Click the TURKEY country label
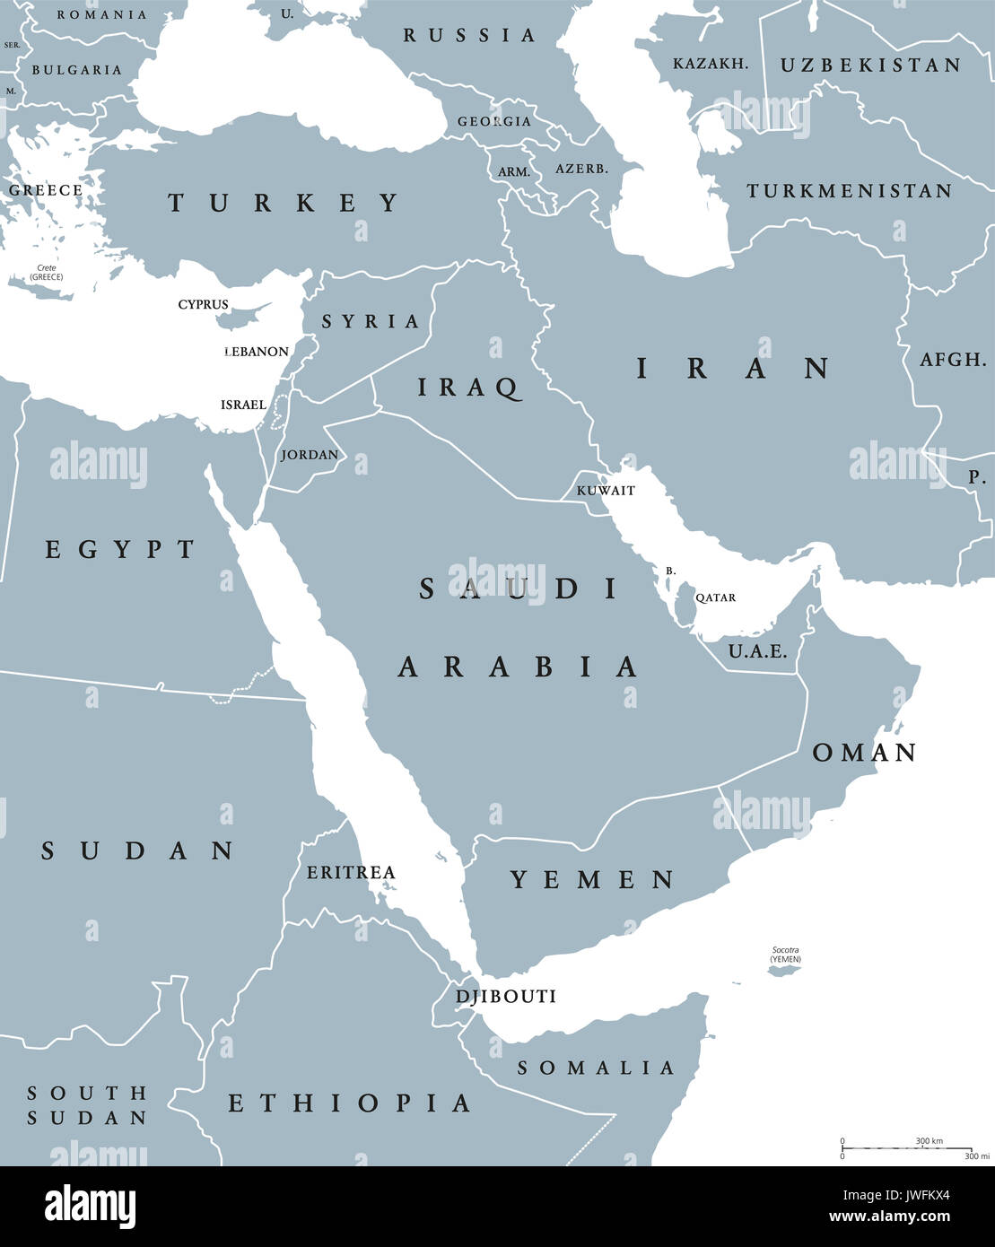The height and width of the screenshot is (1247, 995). (284, 203)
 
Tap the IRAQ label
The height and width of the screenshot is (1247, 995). (468, 388)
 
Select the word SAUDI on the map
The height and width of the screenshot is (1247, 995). (519, 589)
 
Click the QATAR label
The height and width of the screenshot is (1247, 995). (715, 597)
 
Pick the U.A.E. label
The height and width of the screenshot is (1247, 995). (757, 651)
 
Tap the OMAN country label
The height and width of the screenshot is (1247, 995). (864, 753)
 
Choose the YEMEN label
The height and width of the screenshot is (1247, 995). (592, 880)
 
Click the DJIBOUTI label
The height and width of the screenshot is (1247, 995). (506, 997)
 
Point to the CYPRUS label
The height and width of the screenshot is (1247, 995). (203, 305)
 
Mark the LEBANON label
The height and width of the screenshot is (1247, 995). (256, 352)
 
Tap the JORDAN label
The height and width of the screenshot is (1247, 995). (310, 455)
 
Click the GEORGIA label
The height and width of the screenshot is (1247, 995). (493, 121)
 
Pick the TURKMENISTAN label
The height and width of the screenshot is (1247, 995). (849, 191)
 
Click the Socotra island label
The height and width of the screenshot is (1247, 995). (785, 955)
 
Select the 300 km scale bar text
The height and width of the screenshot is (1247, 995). (929, 1140)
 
